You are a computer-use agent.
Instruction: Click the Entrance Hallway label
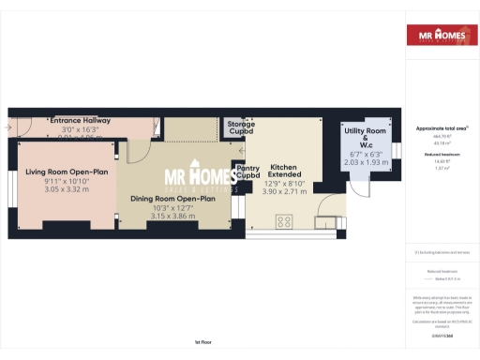click(81, 121)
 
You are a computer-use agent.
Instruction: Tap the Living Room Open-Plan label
click(66, 172)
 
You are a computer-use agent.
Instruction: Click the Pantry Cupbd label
click(247, 172)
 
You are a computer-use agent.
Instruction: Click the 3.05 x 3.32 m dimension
click(66, 189)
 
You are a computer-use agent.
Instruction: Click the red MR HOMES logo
click(438, 37)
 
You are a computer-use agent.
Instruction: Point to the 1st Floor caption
click(203, 342)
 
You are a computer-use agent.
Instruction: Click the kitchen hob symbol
click(285, 221)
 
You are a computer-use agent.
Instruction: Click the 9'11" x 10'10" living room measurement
click(66, 181)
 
